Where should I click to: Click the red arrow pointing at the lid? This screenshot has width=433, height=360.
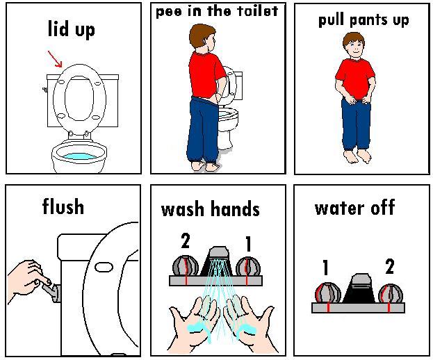[55, 59]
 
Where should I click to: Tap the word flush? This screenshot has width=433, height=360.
[63, 206]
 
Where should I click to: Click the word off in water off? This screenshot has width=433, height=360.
[383, 207]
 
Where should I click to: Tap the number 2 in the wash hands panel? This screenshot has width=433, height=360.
[186, 240]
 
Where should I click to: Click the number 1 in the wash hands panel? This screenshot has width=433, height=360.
[248, 244]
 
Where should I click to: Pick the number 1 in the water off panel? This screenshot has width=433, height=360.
[325, 268]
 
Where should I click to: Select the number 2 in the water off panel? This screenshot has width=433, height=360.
[389, 266]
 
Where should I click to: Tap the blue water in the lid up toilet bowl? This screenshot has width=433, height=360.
[79, 156]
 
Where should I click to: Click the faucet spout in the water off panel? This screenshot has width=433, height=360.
[359, 288]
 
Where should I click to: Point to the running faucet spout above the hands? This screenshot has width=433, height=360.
[218, 261]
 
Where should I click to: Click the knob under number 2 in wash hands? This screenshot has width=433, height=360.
[186, 266]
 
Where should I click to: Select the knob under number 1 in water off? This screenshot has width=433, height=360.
[328, 293]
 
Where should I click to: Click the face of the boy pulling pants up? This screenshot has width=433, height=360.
[354, 49]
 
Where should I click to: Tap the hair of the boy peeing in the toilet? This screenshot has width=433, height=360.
[202, 33]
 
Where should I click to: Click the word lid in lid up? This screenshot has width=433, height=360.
[58, 28]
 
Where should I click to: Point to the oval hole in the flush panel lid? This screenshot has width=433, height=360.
[104, 267]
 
